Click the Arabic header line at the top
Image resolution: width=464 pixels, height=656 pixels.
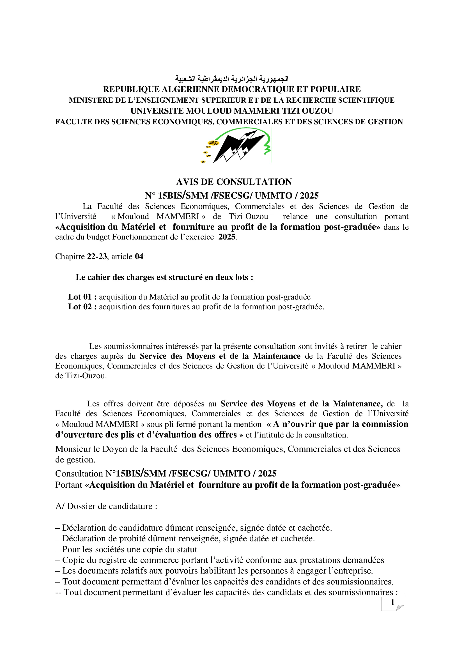(232, 79)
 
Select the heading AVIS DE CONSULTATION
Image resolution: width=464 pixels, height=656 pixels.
(234, 182)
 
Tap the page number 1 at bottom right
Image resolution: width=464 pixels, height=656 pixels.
(392, 602)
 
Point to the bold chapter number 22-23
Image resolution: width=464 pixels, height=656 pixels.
(97, 257)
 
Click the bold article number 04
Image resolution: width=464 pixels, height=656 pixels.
(139, 257)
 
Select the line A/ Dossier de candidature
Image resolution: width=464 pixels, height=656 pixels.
(106, 506)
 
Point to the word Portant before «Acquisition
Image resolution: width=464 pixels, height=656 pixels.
(68, 485)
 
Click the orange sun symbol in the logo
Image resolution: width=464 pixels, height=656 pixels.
(213, 143)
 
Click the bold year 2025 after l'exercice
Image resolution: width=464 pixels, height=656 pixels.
(227, 237)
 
